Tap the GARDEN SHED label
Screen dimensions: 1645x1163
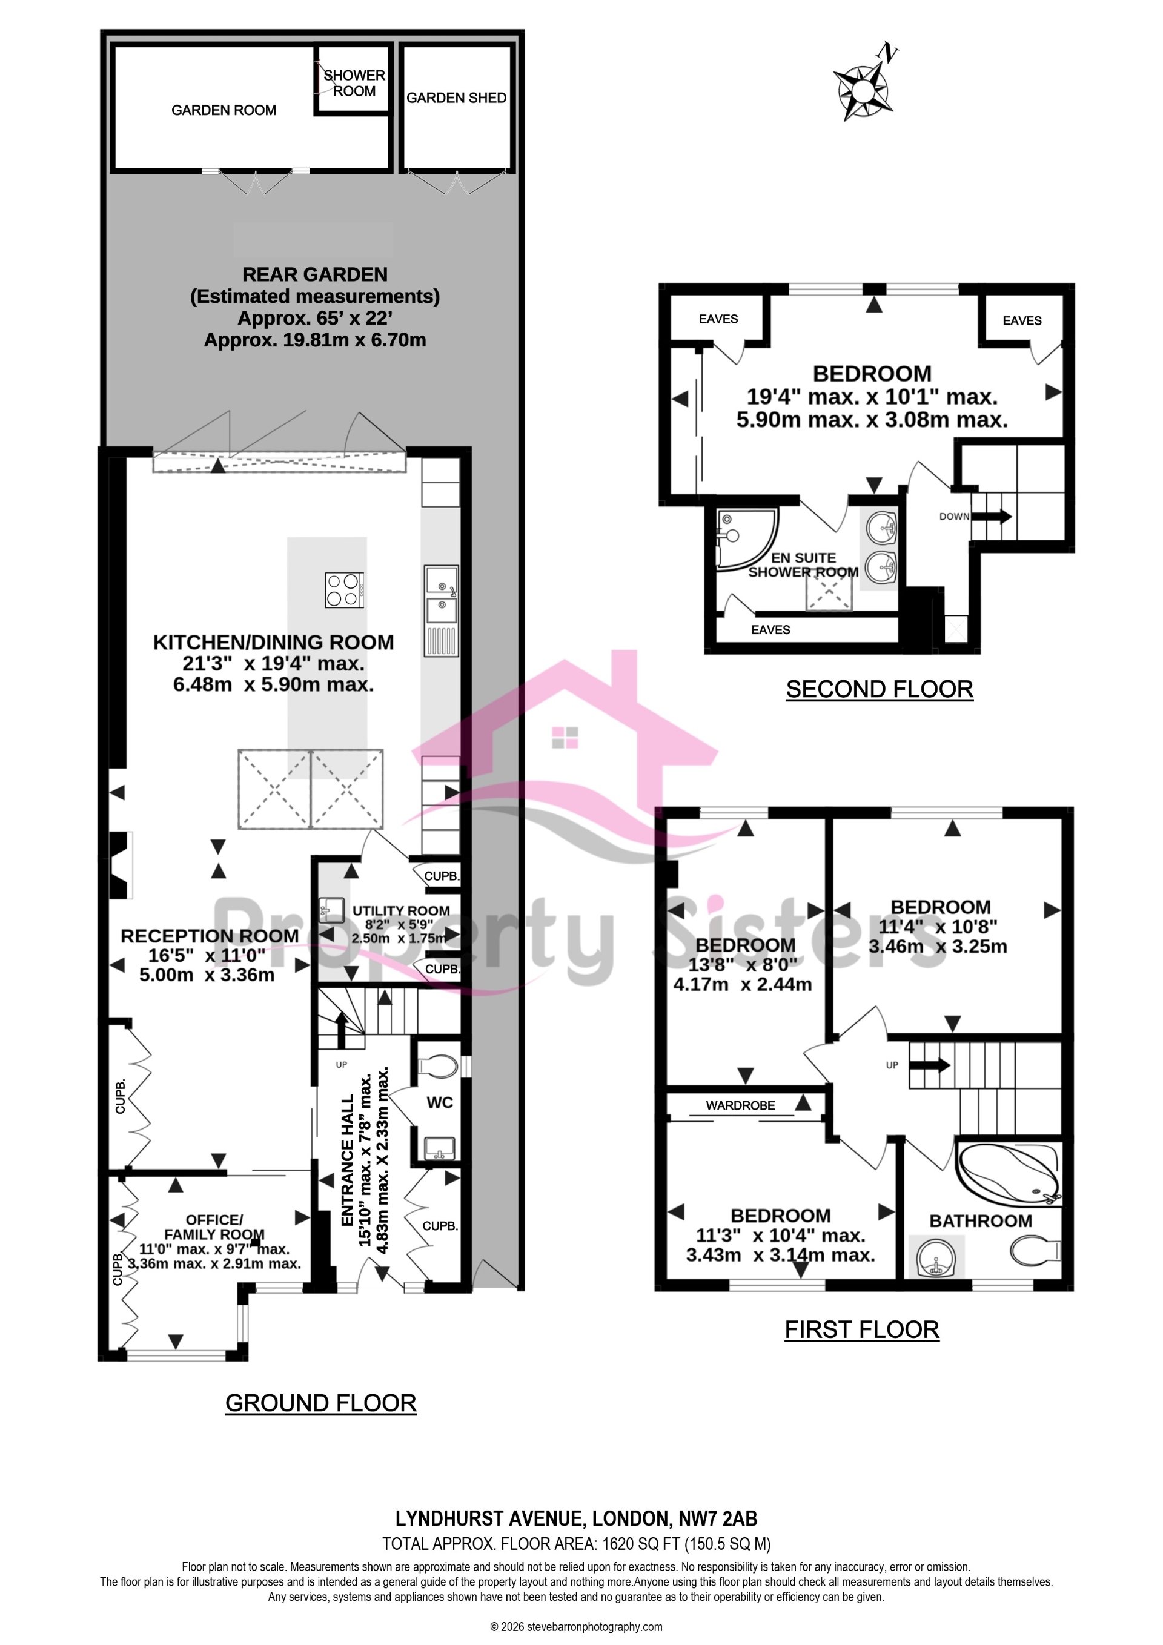tap(457, 98)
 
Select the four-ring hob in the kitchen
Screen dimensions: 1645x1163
tap(344, 590)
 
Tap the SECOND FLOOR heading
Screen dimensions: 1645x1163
tap(880, 689)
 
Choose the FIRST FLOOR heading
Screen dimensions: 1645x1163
tap(861, 1330)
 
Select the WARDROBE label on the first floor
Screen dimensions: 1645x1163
tap(740, 1105)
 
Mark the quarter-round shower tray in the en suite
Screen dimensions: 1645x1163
tap(745, 539)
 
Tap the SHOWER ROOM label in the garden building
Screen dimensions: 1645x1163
tap(354, 83)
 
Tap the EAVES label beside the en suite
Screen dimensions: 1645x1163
tap(770, 630)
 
